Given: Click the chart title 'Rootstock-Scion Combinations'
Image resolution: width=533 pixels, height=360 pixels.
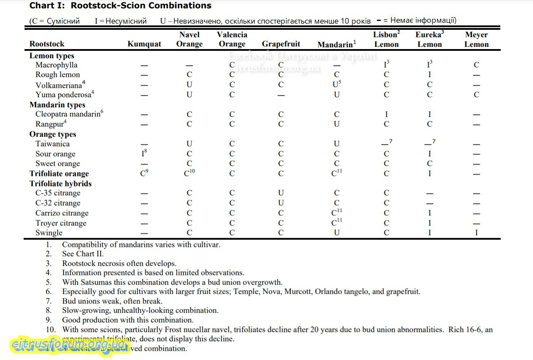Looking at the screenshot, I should point(141,6).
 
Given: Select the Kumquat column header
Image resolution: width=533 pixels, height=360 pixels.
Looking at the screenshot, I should point(144,44).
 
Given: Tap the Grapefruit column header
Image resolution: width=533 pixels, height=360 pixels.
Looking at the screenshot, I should point(281,44).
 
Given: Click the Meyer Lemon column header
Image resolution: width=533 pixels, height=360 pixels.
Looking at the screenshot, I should point(476,39).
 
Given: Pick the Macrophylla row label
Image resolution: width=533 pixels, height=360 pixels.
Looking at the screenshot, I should point(56,65).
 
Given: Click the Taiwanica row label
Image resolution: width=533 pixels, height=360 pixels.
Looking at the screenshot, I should point(53,144).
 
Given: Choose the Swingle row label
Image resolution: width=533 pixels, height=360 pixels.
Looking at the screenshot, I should point(49,233).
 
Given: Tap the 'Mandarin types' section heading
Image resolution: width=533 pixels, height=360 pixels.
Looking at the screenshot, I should point(57,105).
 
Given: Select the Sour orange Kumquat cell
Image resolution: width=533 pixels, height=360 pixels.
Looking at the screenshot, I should point(144,154).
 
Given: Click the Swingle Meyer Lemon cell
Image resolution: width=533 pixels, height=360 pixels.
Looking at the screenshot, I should point(476,233).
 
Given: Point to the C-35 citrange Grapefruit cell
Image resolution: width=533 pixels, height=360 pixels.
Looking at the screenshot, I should point(281,193).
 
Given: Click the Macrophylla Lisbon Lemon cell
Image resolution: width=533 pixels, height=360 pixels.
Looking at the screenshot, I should point(386,65).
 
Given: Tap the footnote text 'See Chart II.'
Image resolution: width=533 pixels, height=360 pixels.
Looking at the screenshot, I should point(83,254).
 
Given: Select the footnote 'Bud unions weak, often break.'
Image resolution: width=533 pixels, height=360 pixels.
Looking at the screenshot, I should point(112,301).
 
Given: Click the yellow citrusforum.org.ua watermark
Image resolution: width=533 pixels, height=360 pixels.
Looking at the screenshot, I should point(68,344).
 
